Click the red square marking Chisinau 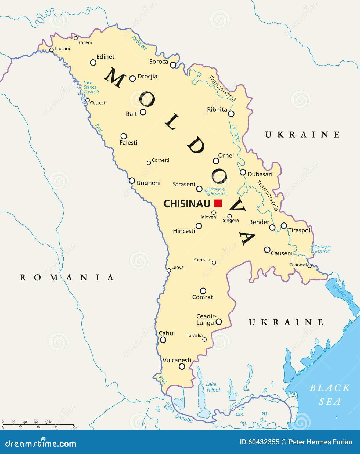pos(218,203)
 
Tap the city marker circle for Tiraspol pos(284,225)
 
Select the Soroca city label pos(159,62)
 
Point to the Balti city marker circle pos(143,112)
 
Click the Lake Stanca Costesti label pos(91,87)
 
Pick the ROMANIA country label pos(67,277)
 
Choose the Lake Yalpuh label pos(214,387)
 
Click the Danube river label pos(184,418)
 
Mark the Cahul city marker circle pos(163,340)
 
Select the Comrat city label pos(203,297)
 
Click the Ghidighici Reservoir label pos(217,191)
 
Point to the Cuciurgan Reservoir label pos(322,249)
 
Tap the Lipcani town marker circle pos(52,50)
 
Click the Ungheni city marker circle pos(132,181)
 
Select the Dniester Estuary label pos(344,297)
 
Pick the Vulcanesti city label pos(177,360)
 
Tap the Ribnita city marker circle pos(231,114)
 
